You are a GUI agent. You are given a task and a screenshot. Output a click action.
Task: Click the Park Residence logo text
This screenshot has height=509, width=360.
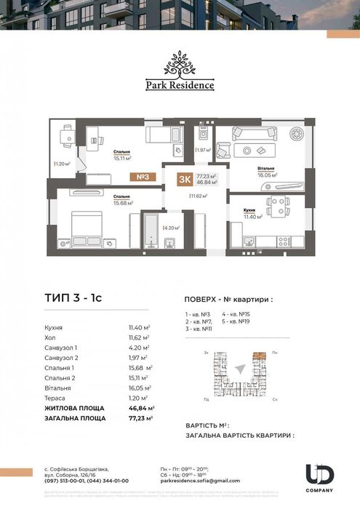tap(180, 84)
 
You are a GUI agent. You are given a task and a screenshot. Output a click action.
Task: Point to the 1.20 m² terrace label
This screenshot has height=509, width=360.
tap(63, 164)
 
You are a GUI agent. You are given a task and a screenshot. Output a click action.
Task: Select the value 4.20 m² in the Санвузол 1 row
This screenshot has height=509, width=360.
tap(138, 348)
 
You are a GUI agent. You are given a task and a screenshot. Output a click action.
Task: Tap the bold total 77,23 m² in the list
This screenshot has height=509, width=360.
tap(138, 419)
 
